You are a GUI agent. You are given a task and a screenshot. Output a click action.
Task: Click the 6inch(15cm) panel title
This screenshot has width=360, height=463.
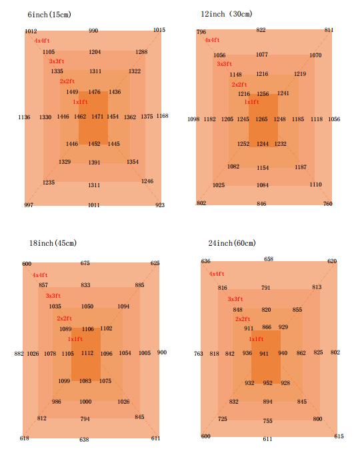point(49,15)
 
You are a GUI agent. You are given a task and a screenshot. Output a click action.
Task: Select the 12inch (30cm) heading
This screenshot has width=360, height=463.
point(227,14)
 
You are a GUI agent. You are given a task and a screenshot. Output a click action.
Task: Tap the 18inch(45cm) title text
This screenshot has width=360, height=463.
point(53,243)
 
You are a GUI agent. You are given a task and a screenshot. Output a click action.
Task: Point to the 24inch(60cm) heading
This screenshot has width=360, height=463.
point(232,243)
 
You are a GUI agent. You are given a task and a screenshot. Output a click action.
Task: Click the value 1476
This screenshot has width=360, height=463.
point(94,92)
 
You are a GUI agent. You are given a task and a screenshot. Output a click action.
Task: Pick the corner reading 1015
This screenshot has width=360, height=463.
point(159,30)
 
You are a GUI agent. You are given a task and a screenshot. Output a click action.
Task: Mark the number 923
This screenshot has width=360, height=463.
point(160,205)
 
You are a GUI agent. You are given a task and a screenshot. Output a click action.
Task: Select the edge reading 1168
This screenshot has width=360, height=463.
point(162,116)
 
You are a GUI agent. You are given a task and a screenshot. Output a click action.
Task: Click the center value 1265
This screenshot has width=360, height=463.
point(261,119)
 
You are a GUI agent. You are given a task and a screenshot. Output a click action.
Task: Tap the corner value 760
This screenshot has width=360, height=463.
point(328,203)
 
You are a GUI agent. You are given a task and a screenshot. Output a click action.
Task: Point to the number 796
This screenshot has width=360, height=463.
point(201,31)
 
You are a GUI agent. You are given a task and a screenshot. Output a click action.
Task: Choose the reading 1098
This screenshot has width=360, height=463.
point(193,119)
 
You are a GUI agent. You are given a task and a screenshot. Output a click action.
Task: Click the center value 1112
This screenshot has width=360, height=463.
point(87,353)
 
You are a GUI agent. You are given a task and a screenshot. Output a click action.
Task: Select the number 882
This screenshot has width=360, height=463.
point(19,354)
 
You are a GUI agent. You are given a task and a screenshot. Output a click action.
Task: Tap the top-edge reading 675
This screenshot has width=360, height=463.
point(85,262)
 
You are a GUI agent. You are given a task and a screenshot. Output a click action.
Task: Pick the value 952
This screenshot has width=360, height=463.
point(267,382)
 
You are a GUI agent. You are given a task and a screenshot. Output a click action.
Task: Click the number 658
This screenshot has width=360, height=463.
point(269,259)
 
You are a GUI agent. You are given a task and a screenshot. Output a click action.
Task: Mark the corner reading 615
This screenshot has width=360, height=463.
point(339,436)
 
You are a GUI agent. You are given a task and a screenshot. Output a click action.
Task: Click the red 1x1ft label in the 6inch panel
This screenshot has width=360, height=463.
point(81,102)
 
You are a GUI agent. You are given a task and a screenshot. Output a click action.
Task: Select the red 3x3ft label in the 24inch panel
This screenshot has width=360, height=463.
point(235,299)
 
